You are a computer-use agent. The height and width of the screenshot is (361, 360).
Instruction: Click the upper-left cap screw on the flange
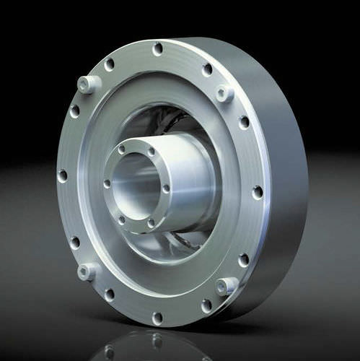[x=87, y=84]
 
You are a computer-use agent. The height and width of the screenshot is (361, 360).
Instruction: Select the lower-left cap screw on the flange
[x=86, y=272]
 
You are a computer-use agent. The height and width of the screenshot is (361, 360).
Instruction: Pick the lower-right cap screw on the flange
[x=226, y=286]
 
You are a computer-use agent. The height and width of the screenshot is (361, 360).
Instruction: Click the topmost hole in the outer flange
[x=157, y=49]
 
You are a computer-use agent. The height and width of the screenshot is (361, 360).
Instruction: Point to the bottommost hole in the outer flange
[x=157, y=318]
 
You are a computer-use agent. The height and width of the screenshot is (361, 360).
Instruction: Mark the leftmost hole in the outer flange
[x=62, y=175]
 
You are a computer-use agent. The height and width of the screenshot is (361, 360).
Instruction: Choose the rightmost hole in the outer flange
[x=258, y=192]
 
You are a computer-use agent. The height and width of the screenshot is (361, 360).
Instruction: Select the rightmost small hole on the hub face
[x=166, y=189]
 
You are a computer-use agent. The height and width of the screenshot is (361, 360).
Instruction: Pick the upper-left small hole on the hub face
[x=121, y=149]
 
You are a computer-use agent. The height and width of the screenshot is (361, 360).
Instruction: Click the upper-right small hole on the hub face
[x=152, y=152]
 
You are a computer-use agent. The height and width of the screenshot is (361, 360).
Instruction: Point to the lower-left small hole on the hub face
[x=121, y=219]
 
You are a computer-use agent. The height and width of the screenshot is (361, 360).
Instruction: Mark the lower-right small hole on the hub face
[x=151, y=223]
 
